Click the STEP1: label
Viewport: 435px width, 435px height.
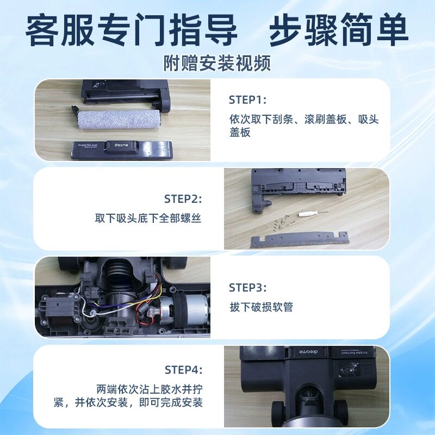click(247, 100)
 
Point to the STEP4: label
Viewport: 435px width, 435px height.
click(183, 370)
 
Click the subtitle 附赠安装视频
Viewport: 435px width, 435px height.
click(217, 64)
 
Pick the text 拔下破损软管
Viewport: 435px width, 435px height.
click(261, 307)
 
